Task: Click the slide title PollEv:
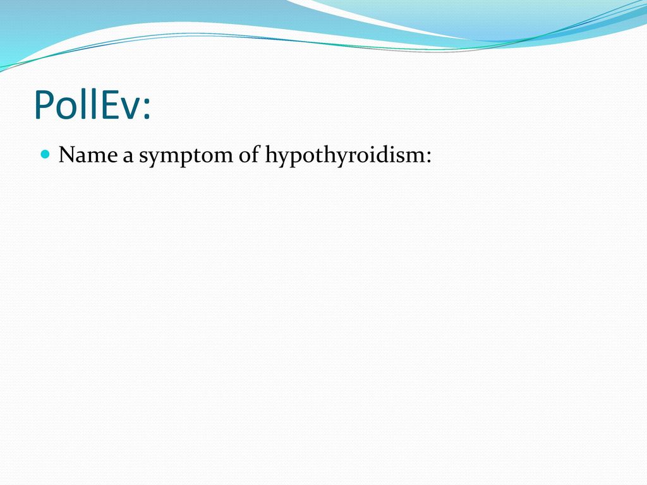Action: coord(92,105)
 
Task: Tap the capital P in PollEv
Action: coord(44,105)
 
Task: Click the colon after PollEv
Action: coord(147,109)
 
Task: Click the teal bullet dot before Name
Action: coord(45,155)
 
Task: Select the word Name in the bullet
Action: coord(88,155)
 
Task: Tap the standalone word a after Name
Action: coord(128,158)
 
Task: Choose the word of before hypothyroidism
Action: coord(249,155)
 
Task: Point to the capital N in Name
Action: coord(68,155)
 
